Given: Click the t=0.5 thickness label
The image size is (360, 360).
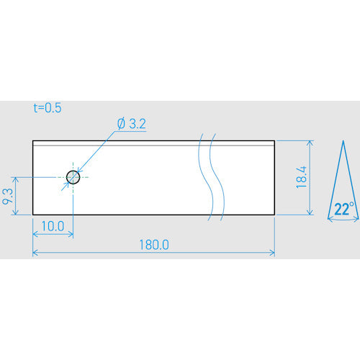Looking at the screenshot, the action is pos(48,108).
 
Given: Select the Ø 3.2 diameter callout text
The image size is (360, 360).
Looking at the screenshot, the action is pos(132,124).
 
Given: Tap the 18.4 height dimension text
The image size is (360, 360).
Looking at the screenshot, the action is pos(302,177).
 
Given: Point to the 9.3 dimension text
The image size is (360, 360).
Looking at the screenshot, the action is pos(7,197).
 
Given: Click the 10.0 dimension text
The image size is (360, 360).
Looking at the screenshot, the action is pos(53,226).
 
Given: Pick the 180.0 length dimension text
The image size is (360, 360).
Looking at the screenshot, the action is pos(154,245).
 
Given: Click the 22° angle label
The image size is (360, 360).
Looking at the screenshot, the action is pos(344,209).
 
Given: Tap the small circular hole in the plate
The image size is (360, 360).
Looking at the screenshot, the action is pos(73,177).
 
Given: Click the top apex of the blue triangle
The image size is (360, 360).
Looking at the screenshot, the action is pos(343,140).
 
